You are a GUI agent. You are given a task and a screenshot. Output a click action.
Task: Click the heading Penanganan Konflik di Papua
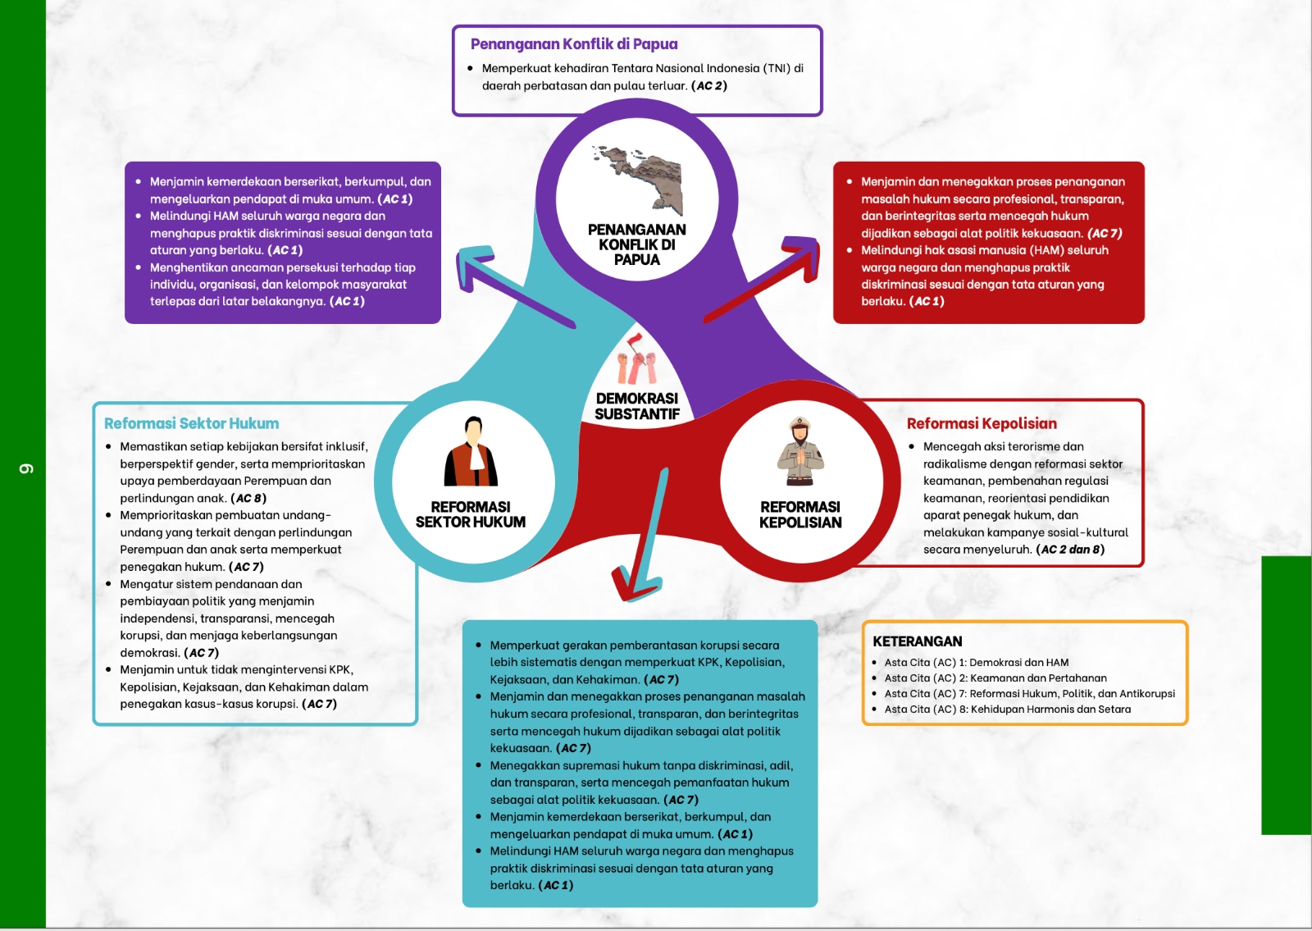click(574, 44)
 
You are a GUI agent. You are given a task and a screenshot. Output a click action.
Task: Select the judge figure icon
click(471, 453)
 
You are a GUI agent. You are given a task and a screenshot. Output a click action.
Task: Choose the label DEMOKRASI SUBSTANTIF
click(637, 406)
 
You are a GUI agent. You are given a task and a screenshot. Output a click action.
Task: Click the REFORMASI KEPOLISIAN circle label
click(800, 514)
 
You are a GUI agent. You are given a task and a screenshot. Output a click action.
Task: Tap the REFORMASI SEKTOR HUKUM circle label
click(471, 514)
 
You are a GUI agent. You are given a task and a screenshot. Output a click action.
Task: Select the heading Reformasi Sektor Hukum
click(191, 423)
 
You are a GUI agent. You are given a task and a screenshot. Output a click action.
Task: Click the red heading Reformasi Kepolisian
click(982, 423)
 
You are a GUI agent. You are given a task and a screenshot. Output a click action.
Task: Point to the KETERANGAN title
click(917, 641)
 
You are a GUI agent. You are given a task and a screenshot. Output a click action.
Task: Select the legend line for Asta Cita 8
click(1007, 710)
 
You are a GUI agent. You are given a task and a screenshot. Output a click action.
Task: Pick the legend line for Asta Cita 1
click(976, 663)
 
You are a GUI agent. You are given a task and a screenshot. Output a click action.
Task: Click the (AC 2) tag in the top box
click(709, 85)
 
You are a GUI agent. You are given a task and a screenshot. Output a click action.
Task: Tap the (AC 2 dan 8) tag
click(1070, 550)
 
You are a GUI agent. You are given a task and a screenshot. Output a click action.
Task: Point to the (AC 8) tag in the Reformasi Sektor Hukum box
click(248, 498)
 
